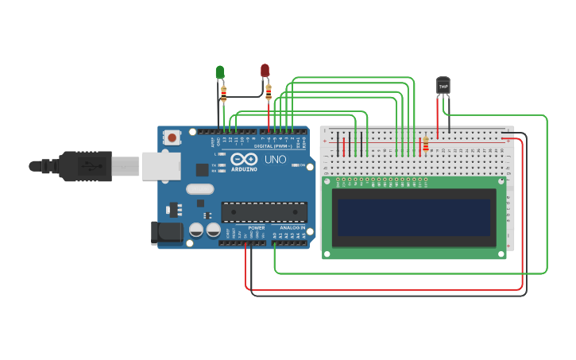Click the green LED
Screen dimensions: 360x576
click(x=220, y=72)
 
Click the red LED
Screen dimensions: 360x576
click(x=265, y=71)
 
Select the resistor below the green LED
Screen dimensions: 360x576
click(x=223, y=95)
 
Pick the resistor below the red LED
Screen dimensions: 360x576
click(x=269, y=92)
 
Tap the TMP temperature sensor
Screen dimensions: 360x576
click(x=443, y=85)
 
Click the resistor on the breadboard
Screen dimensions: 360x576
click(x=426, y=144)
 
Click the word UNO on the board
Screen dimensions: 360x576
click(x=275, y=160)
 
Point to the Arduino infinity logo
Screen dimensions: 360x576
click(x=243, y=160)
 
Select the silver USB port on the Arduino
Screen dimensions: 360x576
click(x=161, y=166)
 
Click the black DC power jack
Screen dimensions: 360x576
click(x=164, y=232)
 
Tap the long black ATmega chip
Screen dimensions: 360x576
click(x=264, y=212)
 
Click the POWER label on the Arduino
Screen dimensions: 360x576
click(x=256, y=228)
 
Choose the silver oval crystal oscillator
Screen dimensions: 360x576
click(x=199, y=189)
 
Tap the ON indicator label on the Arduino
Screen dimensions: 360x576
click(x=303, y=165)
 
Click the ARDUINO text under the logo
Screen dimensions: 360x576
click(x=243, y=169)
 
